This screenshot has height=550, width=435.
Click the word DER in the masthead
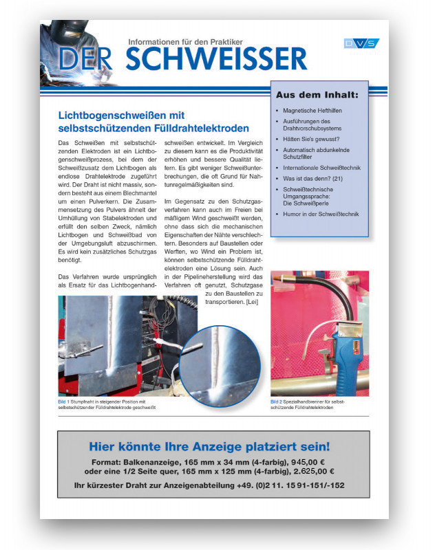tap(85, 59)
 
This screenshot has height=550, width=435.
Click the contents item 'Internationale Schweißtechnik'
tap(321, 168)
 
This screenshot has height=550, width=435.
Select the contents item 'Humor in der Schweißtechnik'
tap(320, 214)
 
